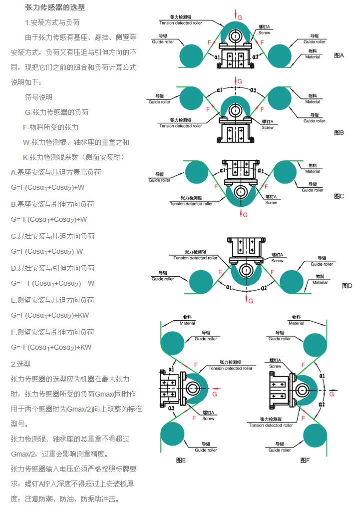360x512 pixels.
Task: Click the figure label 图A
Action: point(339,55)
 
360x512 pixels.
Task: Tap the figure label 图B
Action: point(339,132)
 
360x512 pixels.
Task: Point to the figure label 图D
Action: point(347,286)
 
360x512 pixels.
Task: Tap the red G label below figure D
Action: point(251,301)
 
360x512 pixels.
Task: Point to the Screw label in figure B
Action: point(268,127)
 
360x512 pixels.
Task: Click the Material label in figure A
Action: point(313,57)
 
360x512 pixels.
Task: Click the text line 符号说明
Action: point(38,97)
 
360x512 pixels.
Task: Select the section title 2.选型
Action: point(20,364)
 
